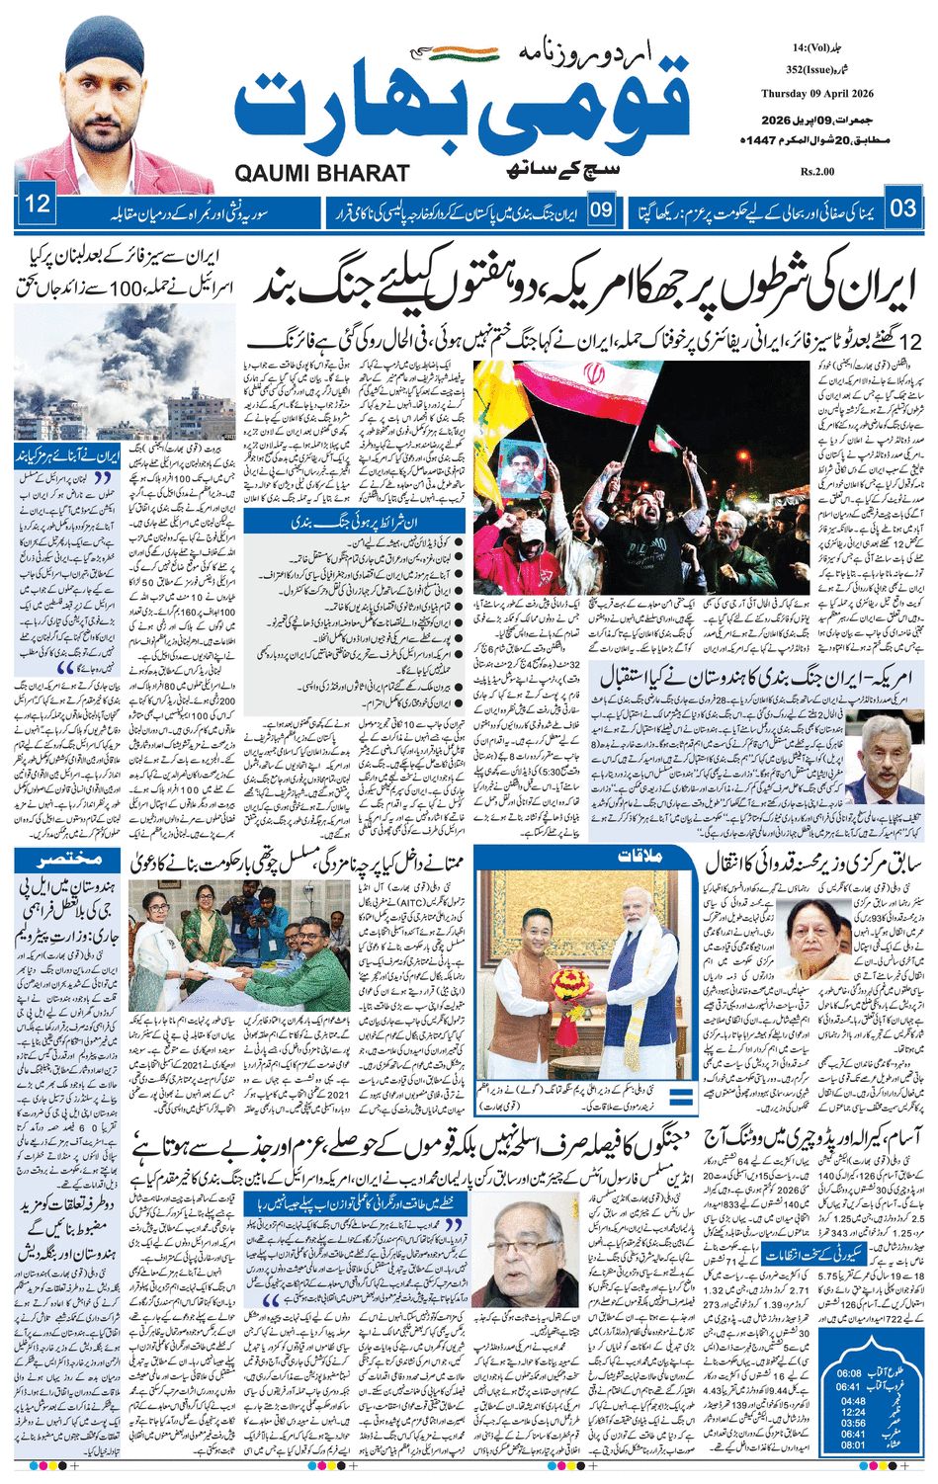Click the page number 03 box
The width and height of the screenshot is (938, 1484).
click(903, 208)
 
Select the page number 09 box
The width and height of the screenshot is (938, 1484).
click(602, 209)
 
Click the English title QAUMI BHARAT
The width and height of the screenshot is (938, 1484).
click(322, 174)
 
